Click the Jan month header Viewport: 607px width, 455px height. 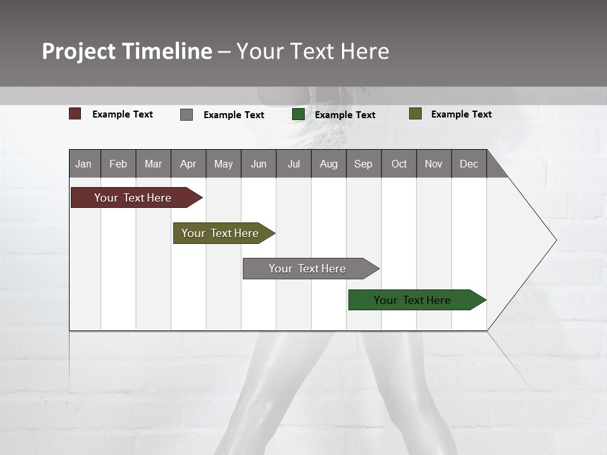(x=84, y=164)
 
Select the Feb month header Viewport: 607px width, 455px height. (x=118, y=164)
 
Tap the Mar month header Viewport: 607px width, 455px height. (x=153, y=164)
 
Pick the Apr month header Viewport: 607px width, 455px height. (x=188, y=164)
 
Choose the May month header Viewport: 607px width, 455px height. (x=223, y=164)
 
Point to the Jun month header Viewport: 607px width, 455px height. (x=259, y=164)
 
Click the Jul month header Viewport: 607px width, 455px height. (x=293, y=164)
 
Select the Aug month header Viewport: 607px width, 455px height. (x=329, y=164)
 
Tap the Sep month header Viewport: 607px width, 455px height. (x=364, y=164)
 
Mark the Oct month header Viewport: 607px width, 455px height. (x=399, y=164)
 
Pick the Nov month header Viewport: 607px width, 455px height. (x=434, y=164)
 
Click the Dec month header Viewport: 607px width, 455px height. (x=469, y=164)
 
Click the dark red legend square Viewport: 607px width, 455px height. (x=75, y=114)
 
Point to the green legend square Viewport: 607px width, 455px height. (x=298, y=114)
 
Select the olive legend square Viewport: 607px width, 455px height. (x=415, y=114)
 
